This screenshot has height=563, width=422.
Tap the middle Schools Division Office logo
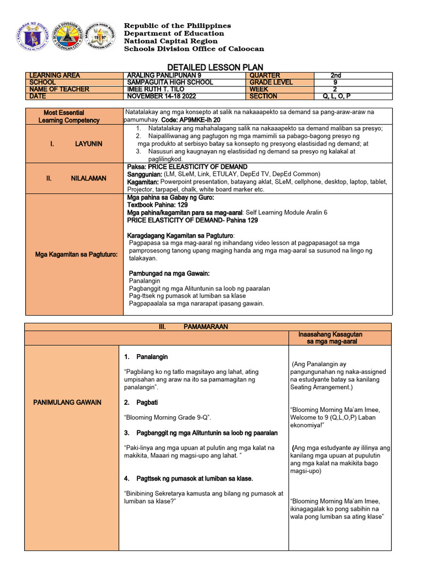pos(67,36)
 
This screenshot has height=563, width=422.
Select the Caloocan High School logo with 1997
pos(101,36)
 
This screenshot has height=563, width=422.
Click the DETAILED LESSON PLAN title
pos(210,67)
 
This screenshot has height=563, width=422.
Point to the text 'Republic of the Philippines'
pos(177,26)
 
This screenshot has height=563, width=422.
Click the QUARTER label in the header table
pos(265,75)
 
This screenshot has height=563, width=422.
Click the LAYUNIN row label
pos(74,143)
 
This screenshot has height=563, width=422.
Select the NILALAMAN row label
pos(74,178)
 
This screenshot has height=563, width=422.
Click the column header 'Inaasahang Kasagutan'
pos(330,334)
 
